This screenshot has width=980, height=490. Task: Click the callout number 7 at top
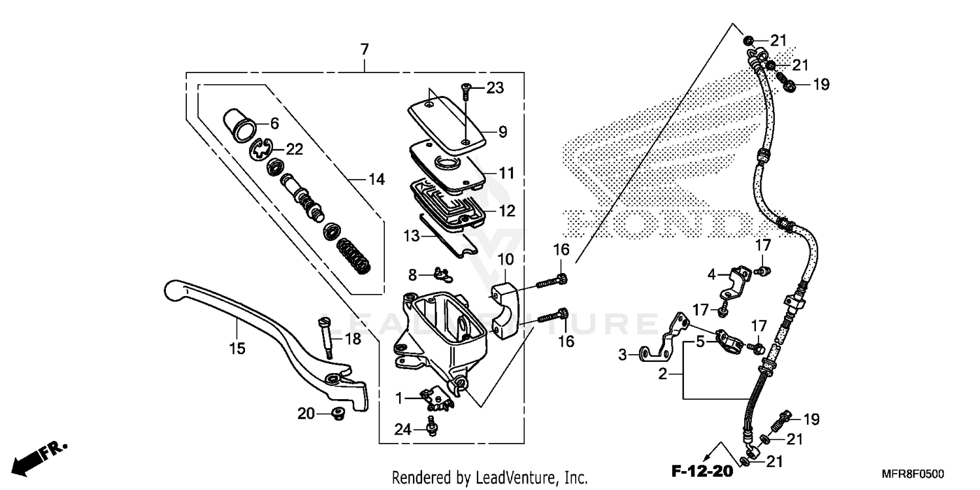click(x=364, y=49)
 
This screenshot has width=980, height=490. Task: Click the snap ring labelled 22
click(x=261, y=152)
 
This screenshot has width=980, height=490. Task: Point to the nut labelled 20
click(x=338, y=412)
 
